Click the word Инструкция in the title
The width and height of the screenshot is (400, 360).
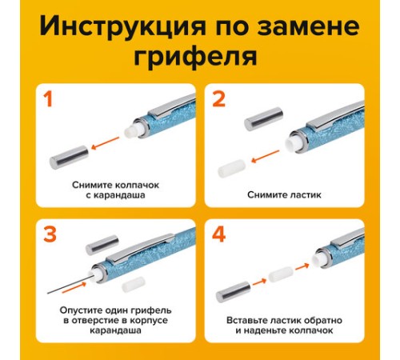[x=122, y=26]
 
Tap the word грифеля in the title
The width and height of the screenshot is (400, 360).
[x=195, y=58]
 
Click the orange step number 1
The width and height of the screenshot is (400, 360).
[x=48, y=99]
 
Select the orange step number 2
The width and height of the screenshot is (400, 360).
[x=219, y=99]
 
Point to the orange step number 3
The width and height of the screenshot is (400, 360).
[x=50, y=234]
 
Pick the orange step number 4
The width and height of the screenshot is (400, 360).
[x=219, y=234]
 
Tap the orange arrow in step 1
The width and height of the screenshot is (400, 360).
[x=105, y=143]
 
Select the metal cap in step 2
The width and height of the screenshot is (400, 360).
[x=264, y=118]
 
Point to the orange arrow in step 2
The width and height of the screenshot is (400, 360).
[x=266, y=157]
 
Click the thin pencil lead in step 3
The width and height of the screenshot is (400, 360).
[x=70, y=286]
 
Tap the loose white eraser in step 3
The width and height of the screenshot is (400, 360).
[x=134, y=284]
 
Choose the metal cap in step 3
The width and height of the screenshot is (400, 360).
[x=102, y=245]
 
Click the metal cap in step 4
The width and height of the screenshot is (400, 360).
[x=233, y=292]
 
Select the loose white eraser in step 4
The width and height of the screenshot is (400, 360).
[x=281, y=274]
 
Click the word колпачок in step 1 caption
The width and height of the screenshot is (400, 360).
[x=138, y=185]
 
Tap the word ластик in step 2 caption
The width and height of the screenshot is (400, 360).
[x=306, y=195]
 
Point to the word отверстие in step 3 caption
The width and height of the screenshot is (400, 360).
[x=96, y=320]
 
